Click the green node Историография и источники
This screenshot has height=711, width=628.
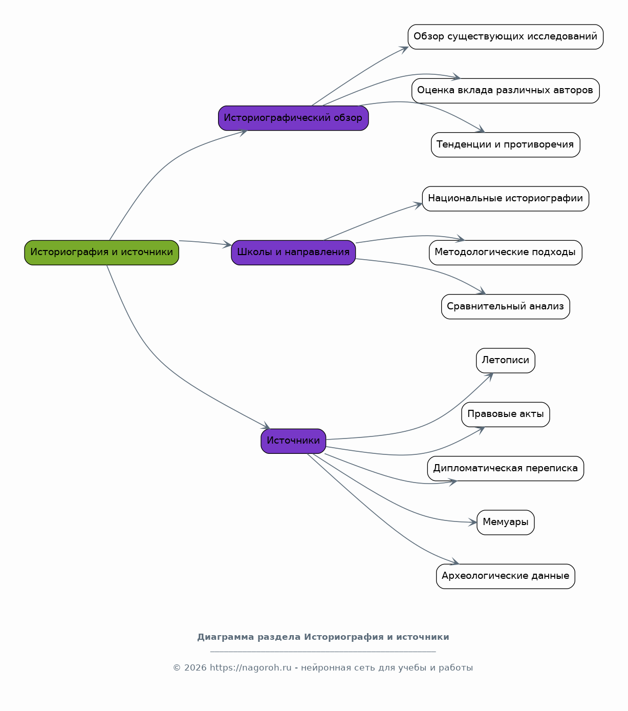pos(101,253)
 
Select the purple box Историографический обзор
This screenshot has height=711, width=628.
pos(293,118)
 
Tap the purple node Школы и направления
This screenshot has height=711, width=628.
pos(293,253)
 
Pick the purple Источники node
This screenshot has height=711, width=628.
pos(293,441)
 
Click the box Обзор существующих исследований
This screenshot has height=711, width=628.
pos(505,37)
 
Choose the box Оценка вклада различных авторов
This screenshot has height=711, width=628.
pos(505,91)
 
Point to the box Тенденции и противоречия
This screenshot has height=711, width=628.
pos(505,144)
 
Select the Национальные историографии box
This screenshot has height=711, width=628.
pos(505,199)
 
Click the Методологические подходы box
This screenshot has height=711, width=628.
pos(505,253)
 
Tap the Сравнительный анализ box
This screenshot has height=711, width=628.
pos(505,307)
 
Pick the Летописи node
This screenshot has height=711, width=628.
pos(505,361)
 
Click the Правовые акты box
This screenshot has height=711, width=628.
pos(505,414)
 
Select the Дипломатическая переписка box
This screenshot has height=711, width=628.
pos(505,469)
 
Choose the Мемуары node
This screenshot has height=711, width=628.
pos(505,522)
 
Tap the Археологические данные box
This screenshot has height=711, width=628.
pos(505,577)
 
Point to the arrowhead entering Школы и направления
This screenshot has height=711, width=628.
pos(227,244)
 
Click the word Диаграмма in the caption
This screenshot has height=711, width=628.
pos(226,637)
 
